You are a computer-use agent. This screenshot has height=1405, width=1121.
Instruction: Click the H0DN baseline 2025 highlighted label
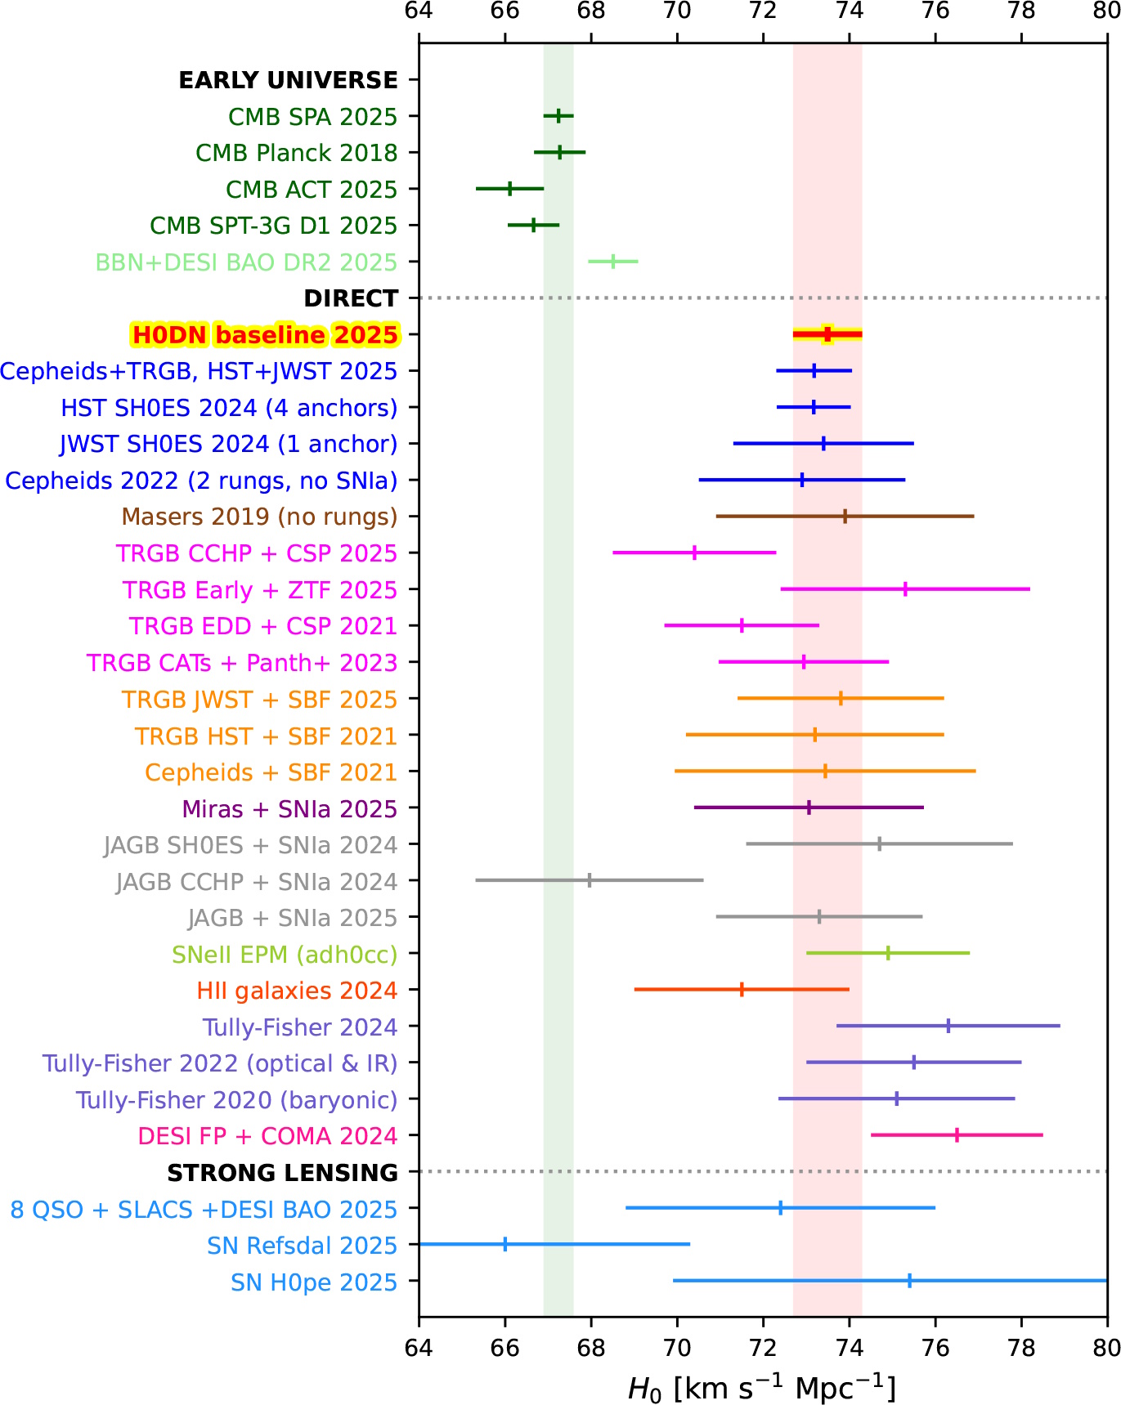(x=265, y=335)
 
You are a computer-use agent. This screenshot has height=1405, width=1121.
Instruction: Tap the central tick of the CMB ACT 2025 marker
(x=509, y=189)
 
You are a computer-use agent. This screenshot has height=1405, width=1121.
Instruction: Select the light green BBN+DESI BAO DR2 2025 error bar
(x=612, y=262)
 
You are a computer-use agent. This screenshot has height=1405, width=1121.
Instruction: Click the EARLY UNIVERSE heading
(x=288, y=80)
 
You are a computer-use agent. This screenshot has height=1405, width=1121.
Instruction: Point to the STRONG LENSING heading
(x=282, y=1173)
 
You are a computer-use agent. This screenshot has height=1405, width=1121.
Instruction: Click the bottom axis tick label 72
(x=763, y=1348)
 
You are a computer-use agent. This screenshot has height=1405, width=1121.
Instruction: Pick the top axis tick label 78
(x=1021, y=11)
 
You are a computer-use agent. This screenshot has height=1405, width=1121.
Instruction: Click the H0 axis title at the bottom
(x=761, y=1388)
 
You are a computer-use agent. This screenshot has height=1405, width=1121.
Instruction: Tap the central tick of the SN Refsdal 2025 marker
(x=504, y=1245)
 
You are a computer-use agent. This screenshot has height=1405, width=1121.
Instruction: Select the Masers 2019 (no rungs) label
(x=259, y=517)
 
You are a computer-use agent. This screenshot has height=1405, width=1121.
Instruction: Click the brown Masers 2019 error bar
(x=845, y=517)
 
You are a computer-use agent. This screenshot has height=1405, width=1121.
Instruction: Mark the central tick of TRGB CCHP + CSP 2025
(x=694, y=553)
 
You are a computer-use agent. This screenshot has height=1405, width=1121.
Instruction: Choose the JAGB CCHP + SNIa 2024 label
(x=256, y=882)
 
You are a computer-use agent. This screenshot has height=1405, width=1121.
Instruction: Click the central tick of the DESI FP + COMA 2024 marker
(x=957, y=1135)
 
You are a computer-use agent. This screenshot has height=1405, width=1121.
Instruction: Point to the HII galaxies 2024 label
(x=296, y=991)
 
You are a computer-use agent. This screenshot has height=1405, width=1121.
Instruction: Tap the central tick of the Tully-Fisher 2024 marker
(x=948, y=1026)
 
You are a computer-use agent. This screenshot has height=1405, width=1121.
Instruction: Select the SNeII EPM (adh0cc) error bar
(x=888, y=953)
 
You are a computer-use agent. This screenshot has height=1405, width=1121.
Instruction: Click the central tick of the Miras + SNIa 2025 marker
(x=809, y=808)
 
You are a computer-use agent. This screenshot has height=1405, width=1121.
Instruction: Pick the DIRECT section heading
(x=350, y=298)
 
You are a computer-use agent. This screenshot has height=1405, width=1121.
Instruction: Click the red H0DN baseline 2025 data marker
(x=827, y=334)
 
